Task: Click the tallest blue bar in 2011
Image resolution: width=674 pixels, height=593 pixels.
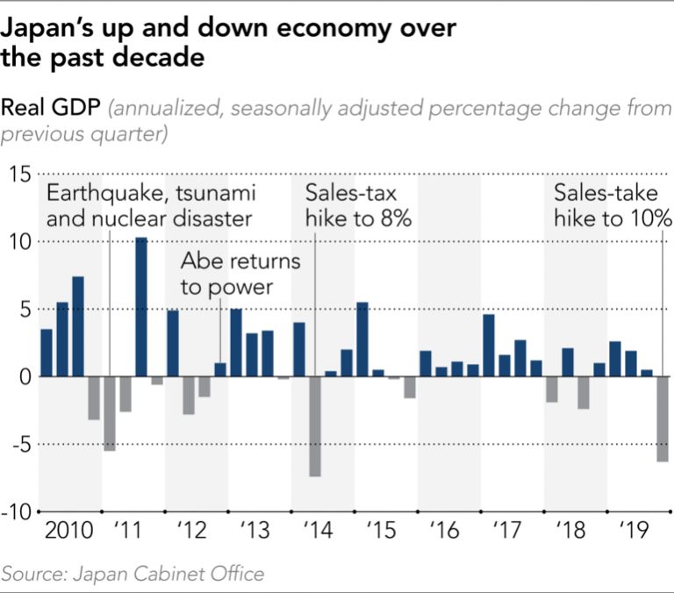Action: [140, 307]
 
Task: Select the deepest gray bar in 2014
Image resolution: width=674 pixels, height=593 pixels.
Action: [314, 426]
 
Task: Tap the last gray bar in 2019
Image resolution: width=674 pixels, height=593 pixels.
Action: [662, 418]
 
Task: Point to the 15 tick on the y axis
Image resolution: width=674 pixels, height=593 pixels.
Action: [20, 174]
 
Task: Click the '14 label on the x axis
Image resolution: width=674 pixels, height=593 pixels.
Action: [316, 532]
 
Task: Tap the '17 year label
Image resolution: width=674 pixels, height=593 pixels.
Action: [506, 532]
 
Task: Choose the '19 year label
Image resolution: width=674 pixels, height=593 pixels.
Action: [633, 532]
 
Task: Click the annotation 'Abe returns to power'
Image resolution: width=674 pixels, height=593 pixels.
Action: [240, 275]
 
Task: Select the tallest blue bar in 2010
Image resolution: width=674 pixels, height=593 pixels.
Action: [78, 326]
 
